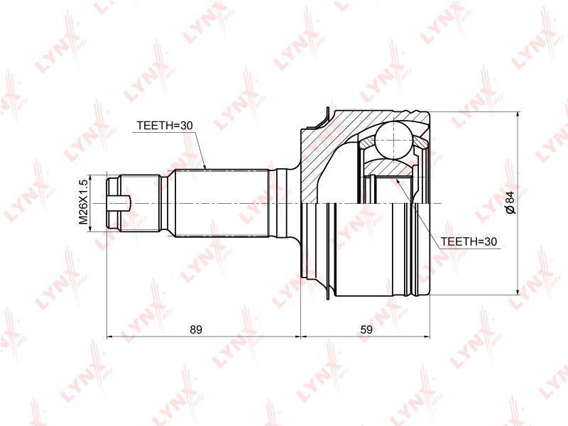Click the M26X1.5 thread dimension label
tap(84, 203)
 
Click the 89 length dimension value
tap(196, 329)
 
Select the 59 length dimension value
tap(366, 329)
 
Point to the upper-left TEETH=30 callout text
tap(165, 126)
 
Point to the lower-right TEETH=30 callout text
tap(469, 241)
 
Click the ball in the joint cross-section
tap(394, 139)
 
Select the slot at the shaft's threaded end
tap(119, 203)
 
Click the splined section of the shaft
tap(222, 203)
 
